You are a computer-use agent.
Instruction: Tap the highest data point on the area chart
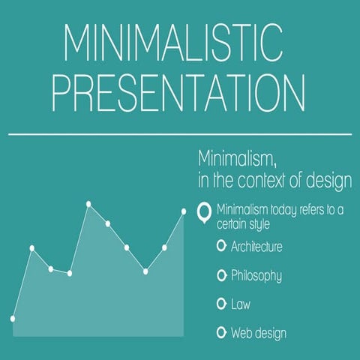(x=88, y=203)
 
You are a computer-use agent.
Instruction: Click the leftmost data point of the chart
(x=13, y=318)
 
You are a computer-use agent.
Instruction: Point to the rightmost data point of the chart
(x=184, y=211)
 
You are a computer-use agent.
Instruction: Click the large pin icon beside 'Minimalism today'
(x=201, y=213)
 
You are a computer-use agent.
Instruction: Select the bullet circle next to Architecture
(x=220, y=246)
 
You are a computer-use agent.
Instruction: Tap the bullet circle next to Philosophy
(x=220, y=275)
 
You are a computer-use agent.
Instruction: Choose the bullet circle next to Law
(x=220, y=304)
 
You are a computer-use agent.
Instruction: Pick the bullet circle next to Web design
(x=220, y=332)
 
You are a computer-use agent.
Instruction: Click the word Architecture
(x=256, y=246)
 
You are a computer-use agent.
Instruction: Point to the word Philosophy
(x=256, y=276)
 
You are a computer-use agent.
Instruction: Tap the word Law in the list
(x=240, y=304)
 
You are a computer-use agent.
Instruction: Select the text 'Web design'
(x=259, y=332)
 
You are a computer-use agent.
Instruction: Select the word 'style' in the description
(x=254, y=223)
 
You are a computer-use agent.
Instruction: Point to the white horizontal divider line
(x=180, y=136)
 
